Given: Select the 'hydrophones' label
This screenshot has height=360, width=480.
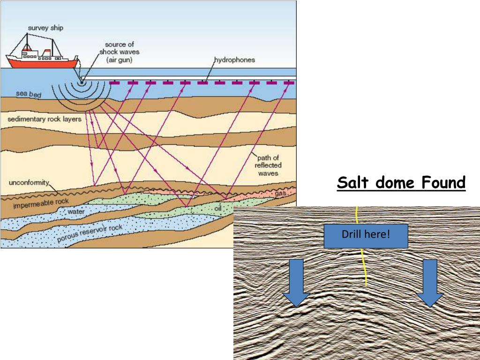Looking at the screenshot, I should pyautogui.click(x=234, y=60).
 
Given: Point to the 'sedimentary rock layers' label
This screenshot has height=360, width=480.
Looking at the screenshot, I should pyautogui.click(x=45, y=119).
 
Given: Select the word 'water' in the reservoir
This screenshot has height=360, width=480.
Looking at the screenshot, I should pyautogui.click(x=75, y=212).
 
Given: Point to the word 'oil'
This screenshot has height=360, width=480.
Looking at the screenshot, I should pyautogui.click(x=217, y=208).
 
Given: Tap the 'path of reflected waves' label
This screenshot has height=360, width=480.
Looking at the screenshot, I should pyautogui.click(x=268, y=165).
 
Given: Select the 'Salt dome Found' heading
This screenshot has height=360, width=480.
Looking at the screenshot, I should pyautogui.click(x=401, y=182).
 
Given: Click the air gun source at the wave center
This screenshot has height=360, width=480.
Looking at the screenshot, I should pyautogui.click(x=82, y=83).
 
